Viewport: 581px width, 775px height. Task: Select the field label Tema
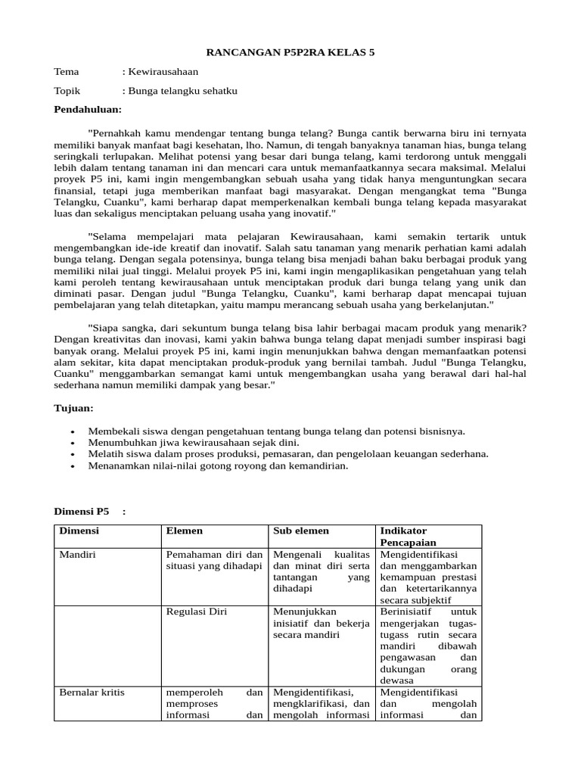click(x=67, y=72)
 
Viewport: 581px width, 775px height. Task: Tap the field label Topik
click(x=67, y=91)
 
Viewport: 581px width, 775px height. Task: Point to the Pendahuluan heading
click(x=88, y=110)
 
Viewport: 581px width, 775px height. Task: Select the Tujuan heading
click(x=73, y=408)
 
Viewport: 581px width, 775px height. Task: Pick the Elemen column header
click(x=184, y=531)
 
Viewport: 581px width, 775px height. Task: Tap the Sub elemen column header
click(x=301, y=531)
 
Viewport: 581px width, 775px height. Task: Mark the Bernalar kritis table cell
click(x=92, y=692)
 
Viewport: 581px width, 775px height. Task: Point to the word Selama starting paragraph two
click(x=110, y=236)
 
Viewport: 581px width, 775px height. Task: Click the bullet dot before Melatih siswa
click(x=72, y=455)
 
